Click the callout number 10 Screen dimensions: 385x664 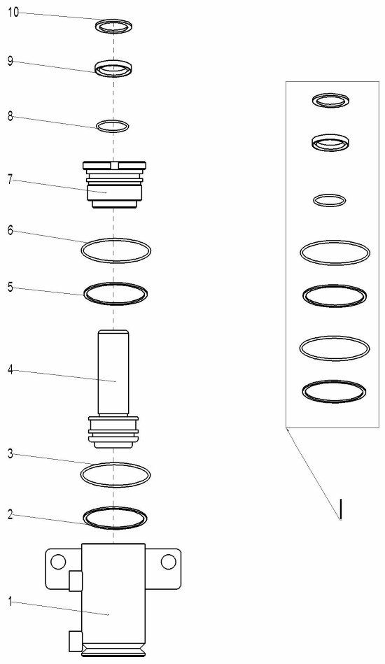(13, 13)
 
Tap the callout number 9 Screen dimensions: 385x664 (10, 61)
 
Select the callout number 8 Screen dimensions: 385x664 (10, 116)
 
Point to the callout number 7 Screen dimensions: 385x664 (10, 179)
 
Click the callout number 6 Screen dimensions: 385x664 (10, 230)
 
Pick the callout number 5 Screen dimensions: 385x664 (10, 288)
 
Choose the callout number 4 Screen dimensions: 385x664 (10, 370)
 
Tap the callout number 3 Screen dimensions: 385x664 (10, 455)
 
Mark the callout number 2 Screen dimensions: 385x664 (10, 514)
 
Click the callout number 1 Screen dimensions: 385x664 (10, 601)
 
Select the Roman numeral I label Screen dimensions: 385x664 (340, 509)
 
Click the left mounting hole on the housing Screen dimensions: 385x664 (58, 562)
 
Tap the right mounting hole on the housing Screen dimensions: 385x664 (168, 562)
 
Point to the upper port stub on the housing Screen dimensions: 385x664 (76, 580)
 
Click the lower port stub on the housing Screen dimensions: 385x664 (76, 641)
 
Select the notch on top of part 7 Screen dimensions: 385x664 (113, 165)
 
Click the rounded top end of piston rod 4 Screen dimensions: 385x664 (113, 332)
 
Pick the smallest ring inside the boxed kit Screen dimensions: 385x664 (330, 200)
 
